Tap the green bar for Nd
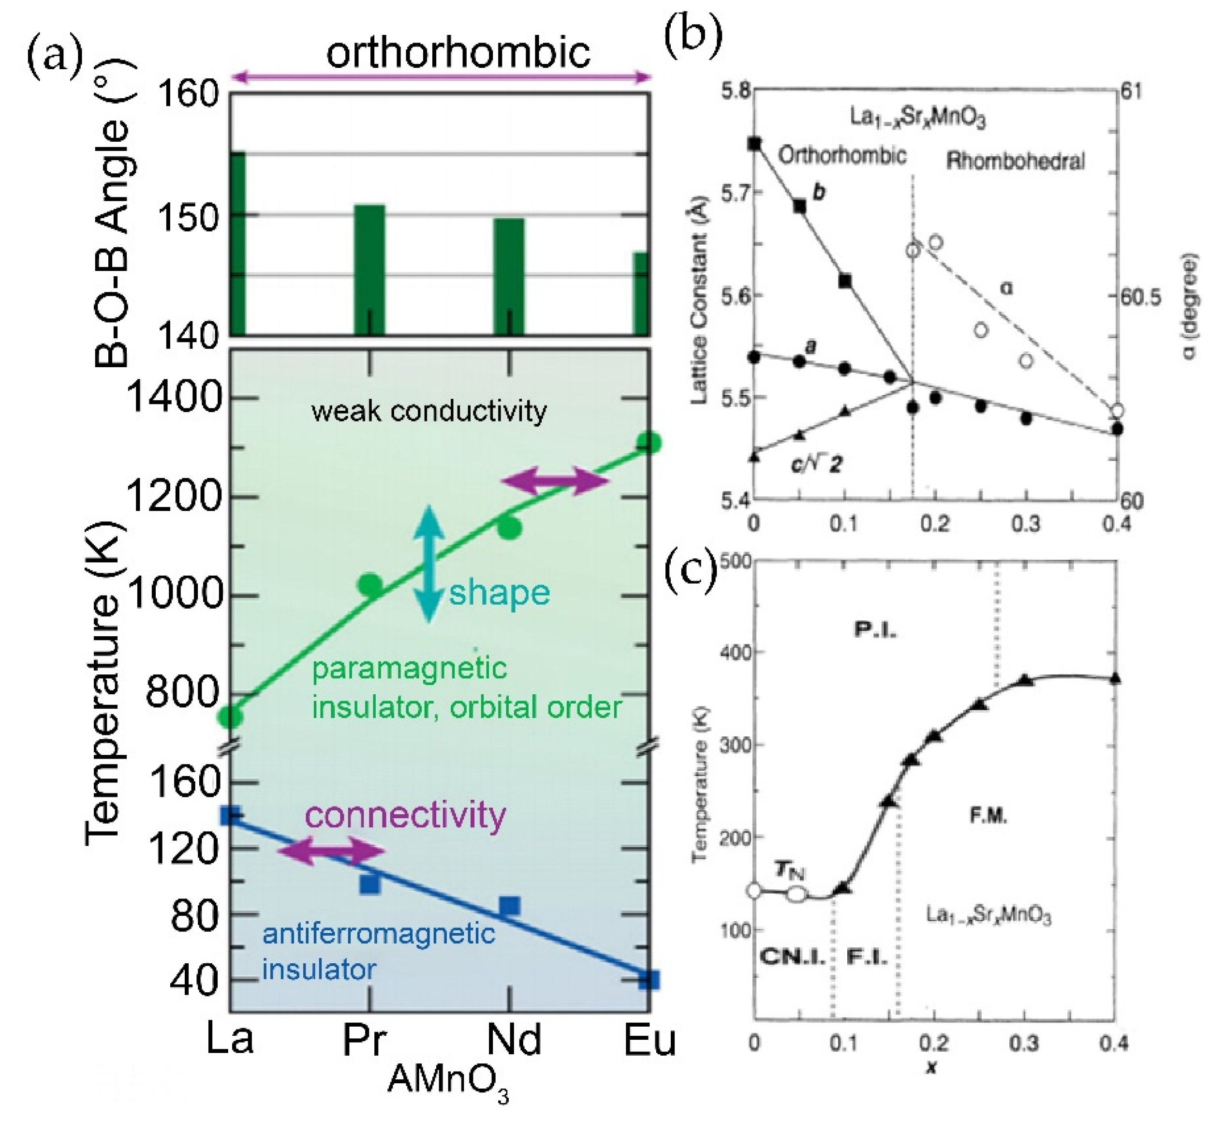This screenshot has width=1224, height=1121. [509, 276]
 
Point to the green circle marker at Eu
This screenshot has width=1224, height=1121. [649, 443]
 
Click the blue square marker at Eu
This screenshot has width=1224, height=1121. [649, 980]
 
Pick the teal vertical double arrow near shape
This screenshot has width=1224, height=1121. [429, 564]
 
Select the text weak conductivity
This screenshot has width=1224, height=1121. [428, 411]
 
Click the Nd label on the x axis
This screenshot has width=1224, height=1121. [514, 1039]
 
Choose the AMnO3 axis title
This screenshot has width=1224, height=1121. [448, 1081]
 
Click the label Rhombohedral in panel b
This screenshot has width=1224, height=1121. [1015, 161]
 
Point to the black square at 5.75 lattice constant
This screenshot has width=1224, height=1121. [755, 144]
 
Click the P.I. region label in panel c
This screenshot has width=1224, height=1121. [875, 630]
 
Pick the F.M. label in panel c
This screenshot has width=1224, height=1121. [988, 816]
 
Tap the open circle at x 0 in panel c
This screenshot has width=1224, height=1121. [754, 891]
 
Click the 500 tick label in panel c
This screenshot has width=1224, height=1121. [735, 560]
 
